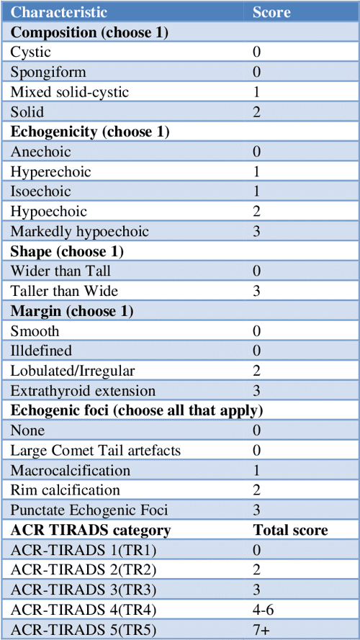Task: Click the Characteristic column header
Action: (60, 12)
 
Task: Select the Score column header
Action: (271, 12)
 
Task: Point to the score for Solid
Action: (257, 112)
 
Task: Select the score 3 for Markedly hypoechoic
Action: (257, 232)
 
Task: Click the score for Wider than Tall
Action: (257, 271)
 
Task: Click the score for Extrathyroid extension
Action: (257, 391)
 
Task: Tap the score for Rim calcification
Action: (257, 490)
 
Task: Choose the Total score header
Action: (290, 531)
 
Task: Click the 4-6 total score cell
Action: (264, 610)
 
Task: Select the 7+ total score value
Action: (261, 630)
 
